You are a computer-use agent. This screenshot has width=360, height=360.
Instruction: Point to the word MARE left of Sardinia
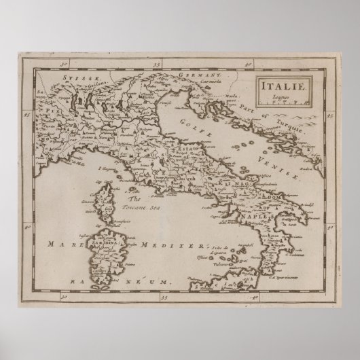[58, 243]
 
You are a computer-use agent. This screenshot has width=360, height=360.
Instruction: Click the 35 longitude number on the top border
[156, 65]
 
